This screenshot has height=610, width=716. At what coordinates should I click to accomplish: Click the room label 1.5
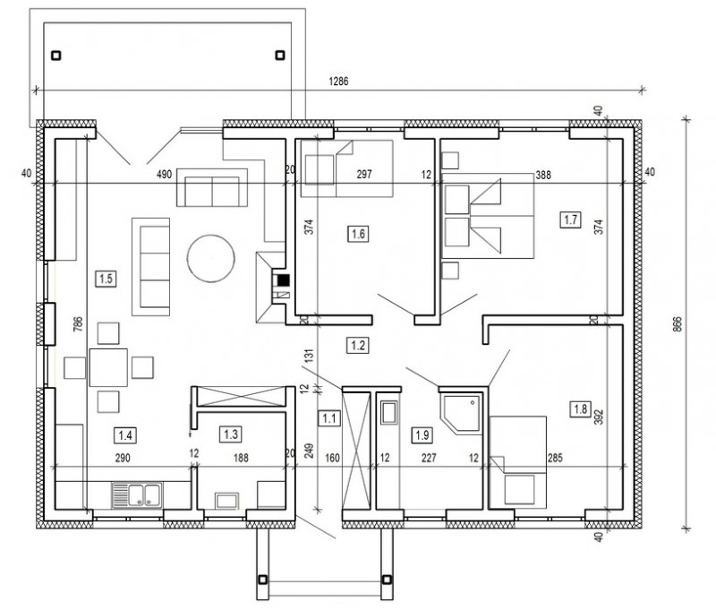point(106,279)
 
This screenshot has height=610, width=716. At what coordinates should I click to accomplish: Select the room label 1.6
point(358,234)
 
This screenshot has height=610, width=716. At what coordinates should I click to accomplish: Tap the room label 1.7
point(570,219)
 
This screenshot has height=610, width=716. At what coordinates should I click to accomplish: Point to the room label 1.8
point(580,408)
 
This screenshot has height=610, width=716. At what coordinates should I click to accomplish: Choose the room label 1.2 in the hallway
point(358,345)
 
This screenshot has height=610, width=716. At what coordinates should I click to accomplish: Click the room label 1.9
point(422,434)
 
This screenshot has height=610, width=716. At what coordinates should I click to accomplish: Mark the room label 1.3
point(231,434)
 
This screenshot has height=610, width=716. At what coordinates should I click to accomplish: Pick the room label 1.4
point(125,435)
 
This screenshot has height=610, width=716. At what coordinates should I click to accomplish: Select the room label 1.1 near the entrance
point(329,418)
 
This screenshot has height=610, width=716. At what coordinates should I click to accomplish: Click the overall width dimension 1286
point(338,82)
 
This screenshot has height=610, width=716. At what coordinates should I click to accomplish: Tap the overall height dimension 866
point(678,324)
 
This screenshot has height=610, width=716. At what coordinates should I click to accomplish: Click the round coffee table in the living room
point(210,258)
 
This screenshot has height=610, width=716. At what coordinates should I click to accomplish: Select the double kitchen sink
point(137,495)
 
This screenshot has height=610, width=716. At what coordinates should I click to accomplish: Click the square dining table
point(108,367)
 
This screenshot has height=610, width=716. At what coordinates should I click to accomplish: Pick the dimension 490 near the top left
point(164,174)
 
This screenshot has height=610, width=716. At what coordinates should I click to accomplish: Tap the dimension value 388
point(543,175)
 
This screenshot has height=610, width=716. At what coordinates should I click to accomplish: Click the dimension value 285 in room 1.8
point(555,458)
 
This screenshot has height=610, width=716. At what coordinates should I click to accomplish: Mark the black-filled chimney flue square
point(284,279)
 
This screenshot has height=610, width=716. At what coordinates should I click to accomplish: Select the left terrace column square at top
point(55,56)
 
